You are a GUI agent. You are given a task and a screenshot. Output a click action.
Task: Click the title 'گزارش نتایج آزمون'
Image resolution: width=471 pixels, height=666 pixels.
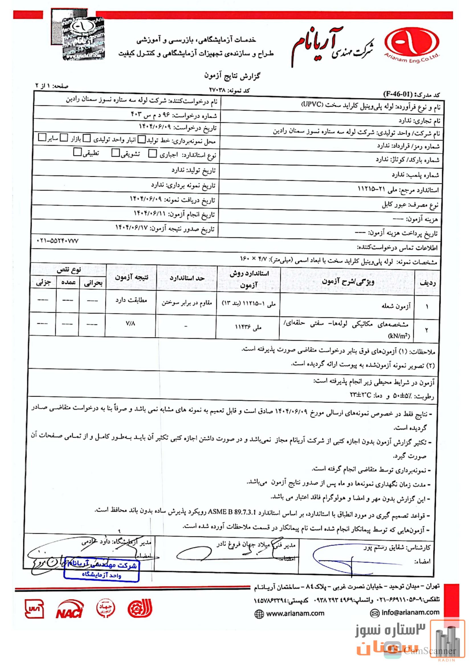(232, 76)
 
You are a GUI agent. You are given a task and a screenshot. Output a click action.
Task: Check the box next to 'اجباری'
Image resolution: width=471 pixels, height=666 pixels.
(153, 153)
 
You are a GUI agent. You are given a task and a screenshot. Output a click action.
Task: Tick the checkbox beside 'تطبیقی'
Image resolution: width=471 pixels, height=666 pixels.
(78, 152)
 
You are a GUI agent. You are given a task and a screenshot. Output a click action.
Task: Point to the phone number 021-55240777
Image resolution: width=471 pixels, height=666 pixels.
(58, 241)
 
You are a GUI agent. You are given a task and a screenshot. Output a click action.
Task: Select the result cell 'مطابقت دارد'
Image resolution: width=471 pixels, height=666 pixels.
(131, 300)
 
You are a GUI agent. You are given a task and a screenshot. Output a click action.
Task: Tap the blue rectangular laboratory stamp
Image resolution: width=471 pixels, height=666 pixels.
(101, 570)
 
